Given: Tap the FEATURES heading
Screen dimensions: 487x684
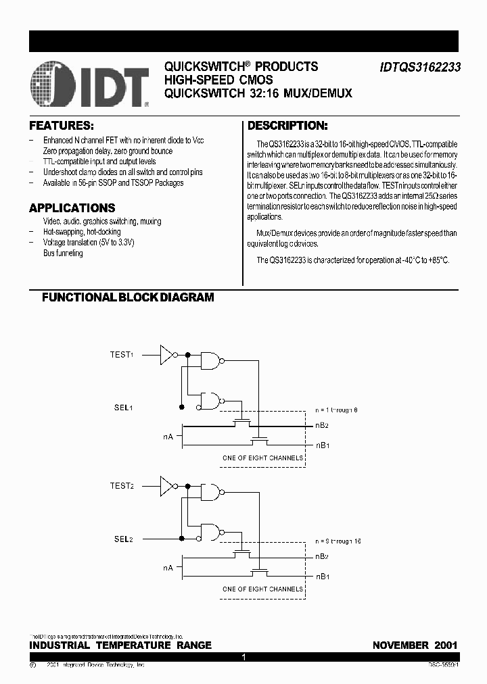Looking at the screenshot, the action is pyautogui.click(x=61, y=126).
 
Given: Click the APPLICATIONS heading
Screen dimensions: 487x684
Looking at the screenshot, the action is pyautogui.click(x=72, y=208).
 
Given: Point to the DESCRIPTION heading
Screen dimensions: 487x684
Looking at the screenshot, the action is pyautogui.click(x=287, y=126).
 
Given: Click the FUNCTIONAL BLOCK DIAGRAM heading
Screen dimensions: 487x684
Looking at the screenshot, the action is pyautogui.click(x=128, y=297).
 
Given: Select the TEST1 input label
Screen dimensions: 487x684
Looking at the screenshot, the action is pyautogui.click(x=122, y=354).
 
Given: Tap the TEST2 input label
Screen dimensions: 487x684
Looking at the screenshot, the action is pyautogui.click(x=122, y=485).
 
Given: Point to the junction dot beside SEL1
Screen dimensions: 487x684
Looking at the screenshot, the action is pyautogui.click(x=181, y=408).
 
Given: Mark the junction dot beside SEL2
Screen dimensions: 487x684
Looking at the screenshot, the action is pyautogui.click(x=181, y=539).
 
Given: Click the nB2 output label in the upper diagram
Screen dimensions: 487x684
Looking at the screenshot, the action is pyautogui.click(x=322, y=426).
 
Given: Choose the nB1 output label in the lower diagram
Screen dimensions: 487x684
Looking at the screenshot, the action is pyautogui.click(x=322, y=577).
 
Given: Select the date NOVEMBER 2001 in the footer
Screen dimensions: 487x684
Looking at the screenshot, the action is pyautogui.click(x=415, y=645).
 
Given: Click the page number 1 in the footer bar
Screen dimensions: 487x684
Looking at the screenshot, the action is pyautogui.click(x=243, y=657).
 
